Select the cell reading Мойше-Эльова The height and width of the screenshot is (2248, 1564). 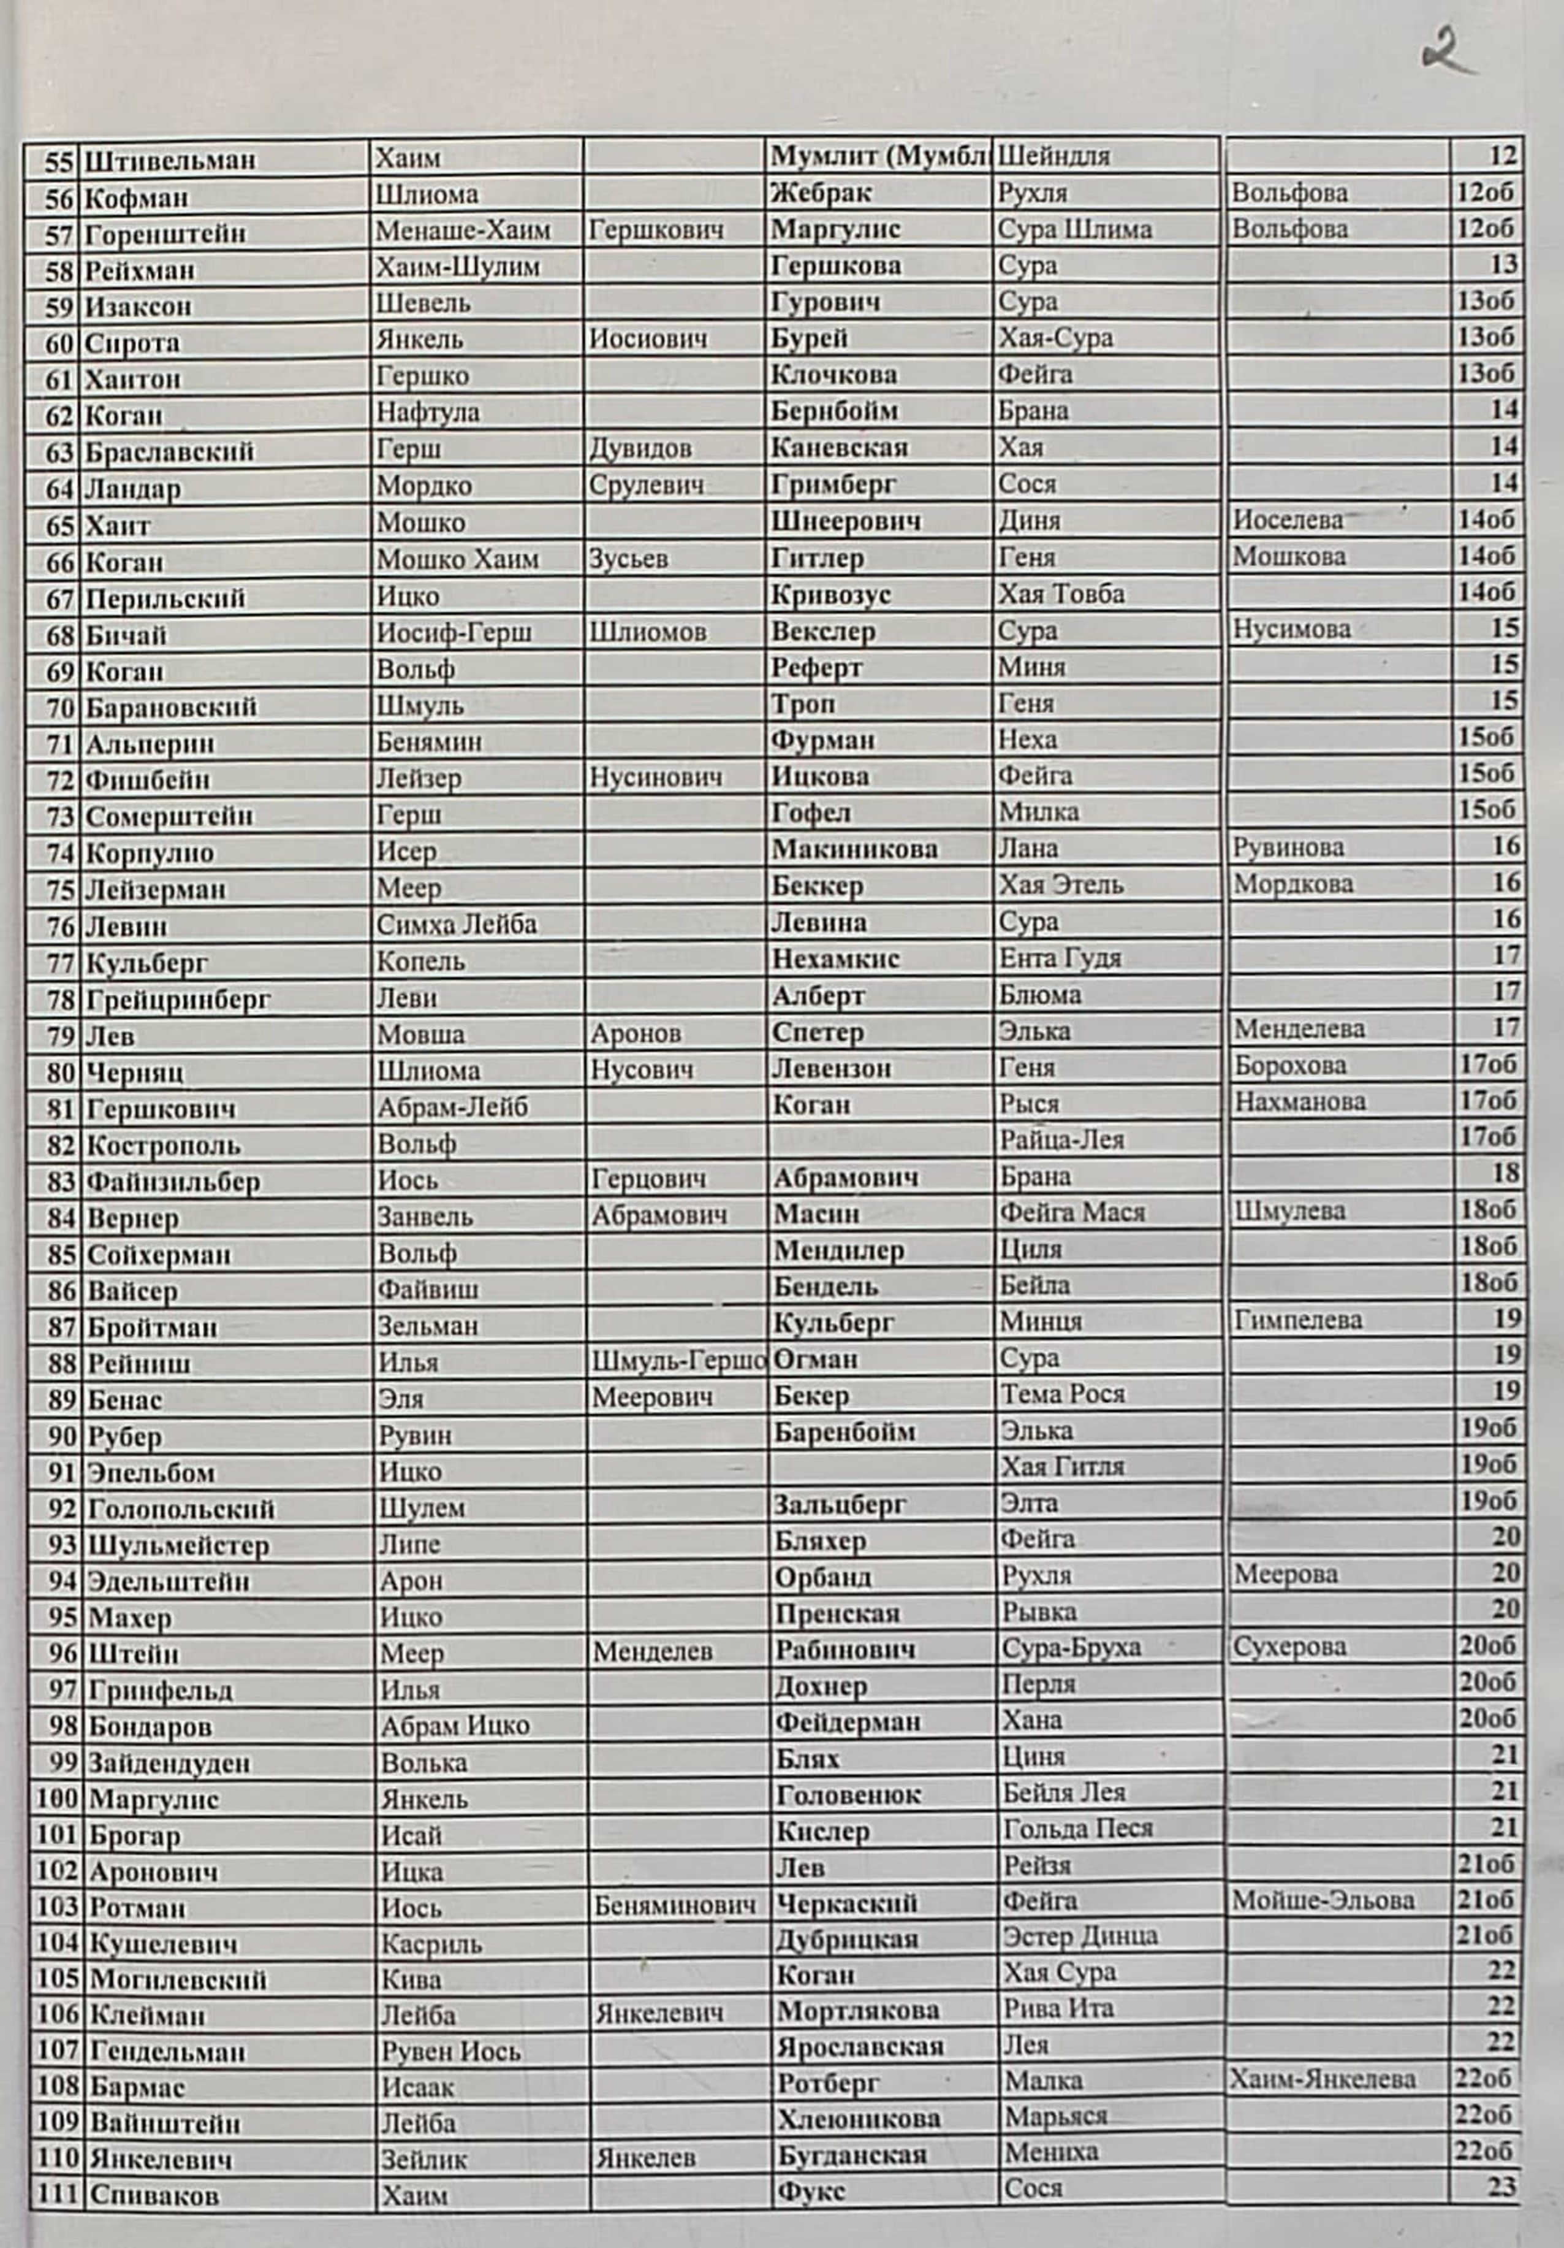click(x=1323, y=1902)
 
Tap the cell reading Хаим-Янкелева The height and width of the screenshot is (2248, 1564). click(x=1323, y=2079)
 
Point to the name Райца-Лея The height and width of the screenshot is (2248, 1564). click(x=1061, y=1141)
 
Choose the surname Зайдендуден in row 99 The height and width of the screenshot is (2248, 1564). click(x=169, y=1764)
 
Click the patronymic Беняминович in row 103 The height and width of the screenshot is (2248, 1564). click(x=674, y=1905)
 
